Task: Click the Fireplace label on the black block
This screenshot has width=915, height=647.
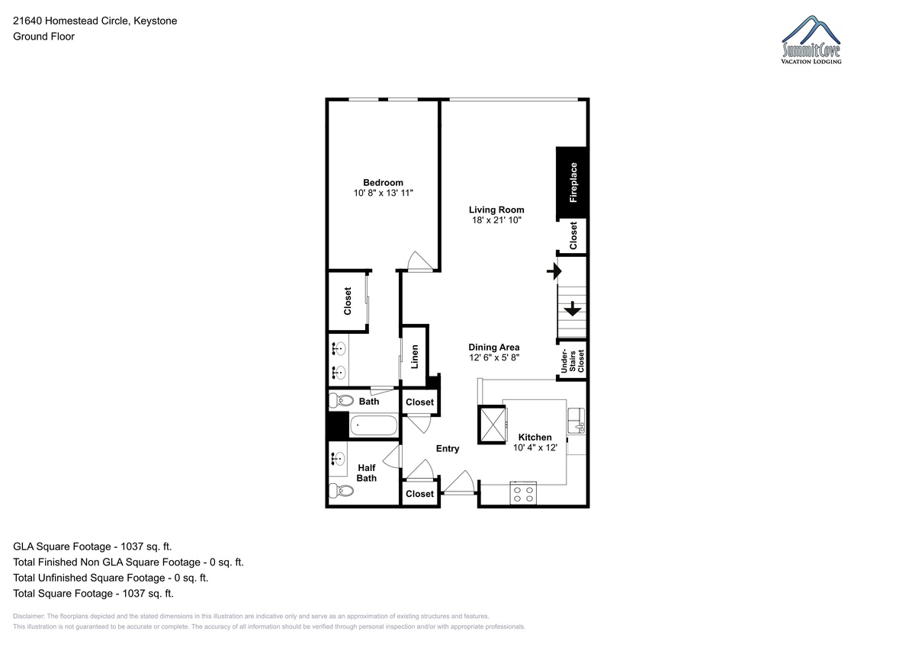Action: [573, 182]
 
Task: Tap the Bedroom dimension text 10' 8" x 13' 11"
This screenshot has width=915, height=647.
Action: [383, 193]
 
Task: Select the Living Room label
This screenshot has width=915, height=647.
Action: [496, 210]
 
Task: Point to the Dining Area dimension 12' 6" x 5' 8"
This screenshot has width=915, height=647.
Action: [494, 357]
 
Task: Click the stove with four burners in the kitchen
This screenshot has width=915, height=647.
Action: [523, 493]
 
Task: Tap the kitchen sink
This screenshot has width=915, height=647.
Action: [576, 421]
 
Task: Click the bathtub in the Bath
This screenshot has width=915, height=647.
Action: [374, 425]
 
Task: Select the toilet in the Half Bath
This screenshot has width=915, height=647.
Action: [341, 490]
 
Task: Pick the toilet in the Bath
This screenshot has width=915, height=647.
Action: [341, 400]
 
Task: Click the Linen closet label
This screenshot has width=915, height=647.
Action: [414, 357]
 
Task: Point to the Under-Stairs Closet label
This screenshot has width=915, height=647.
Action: [573, 361]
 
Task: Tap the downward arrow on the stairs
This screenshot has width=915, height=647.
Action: [573, 309]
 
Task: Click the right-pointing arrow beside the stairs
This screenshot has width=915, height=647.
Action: [554, 271]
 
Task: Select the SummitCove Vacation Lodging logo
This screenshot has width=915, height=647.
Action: [811, 40]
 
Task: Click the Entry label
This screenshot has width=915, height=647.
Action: [448, 449]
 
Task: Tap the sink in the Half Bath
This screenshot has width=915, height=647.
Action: [338, 459]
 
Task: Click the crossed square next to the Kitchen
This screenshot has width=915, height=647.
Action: [493, 424]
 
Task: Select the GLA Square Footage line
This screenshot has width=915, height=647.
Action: [92, 546]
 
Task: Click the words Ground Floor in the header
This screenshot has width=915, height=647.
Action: [43, 37]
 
